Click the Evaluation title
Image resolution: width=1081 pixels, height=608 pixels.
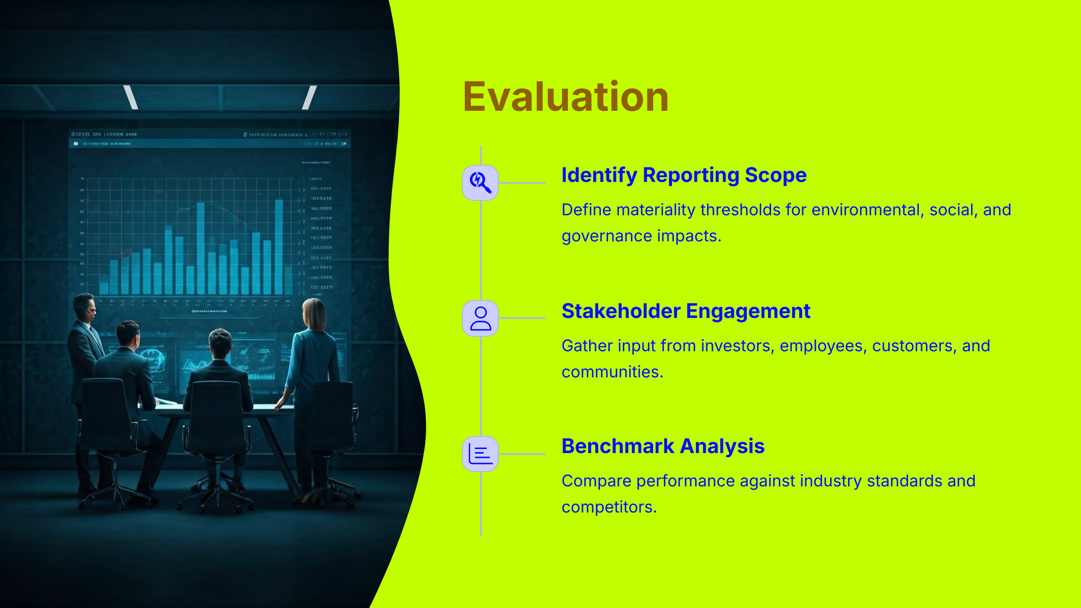point(565,97)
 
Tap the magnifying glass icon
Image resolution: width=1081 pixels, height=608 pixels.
point(480,182)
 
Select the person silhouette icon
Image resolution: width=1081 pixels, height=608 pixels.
point(480,318)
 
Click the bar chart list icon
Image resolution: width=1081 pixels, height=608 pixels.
point(480,454)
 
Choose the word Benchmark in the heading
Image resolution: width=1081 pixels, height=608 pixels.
point(618,446)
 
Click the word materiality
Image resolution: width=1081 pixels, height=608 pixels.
point(655,210)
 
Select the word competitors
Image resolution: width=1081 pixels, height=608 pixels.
point(609,508)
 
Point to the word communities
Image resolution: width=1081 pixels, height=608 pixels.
point(612,372)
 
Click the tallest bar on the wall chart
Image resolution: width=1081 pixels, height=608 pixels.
point(279,245)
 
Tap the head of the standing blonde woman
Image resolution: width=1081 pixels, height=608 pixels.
point(314,313)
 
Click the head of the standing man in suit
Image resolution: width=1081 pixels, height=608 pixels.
point(85,308)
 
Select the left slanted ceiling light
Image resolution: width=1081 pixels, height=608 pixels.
point(131,97)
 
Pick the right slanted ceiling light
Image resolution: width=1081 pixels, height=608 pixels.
point(309,97)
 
